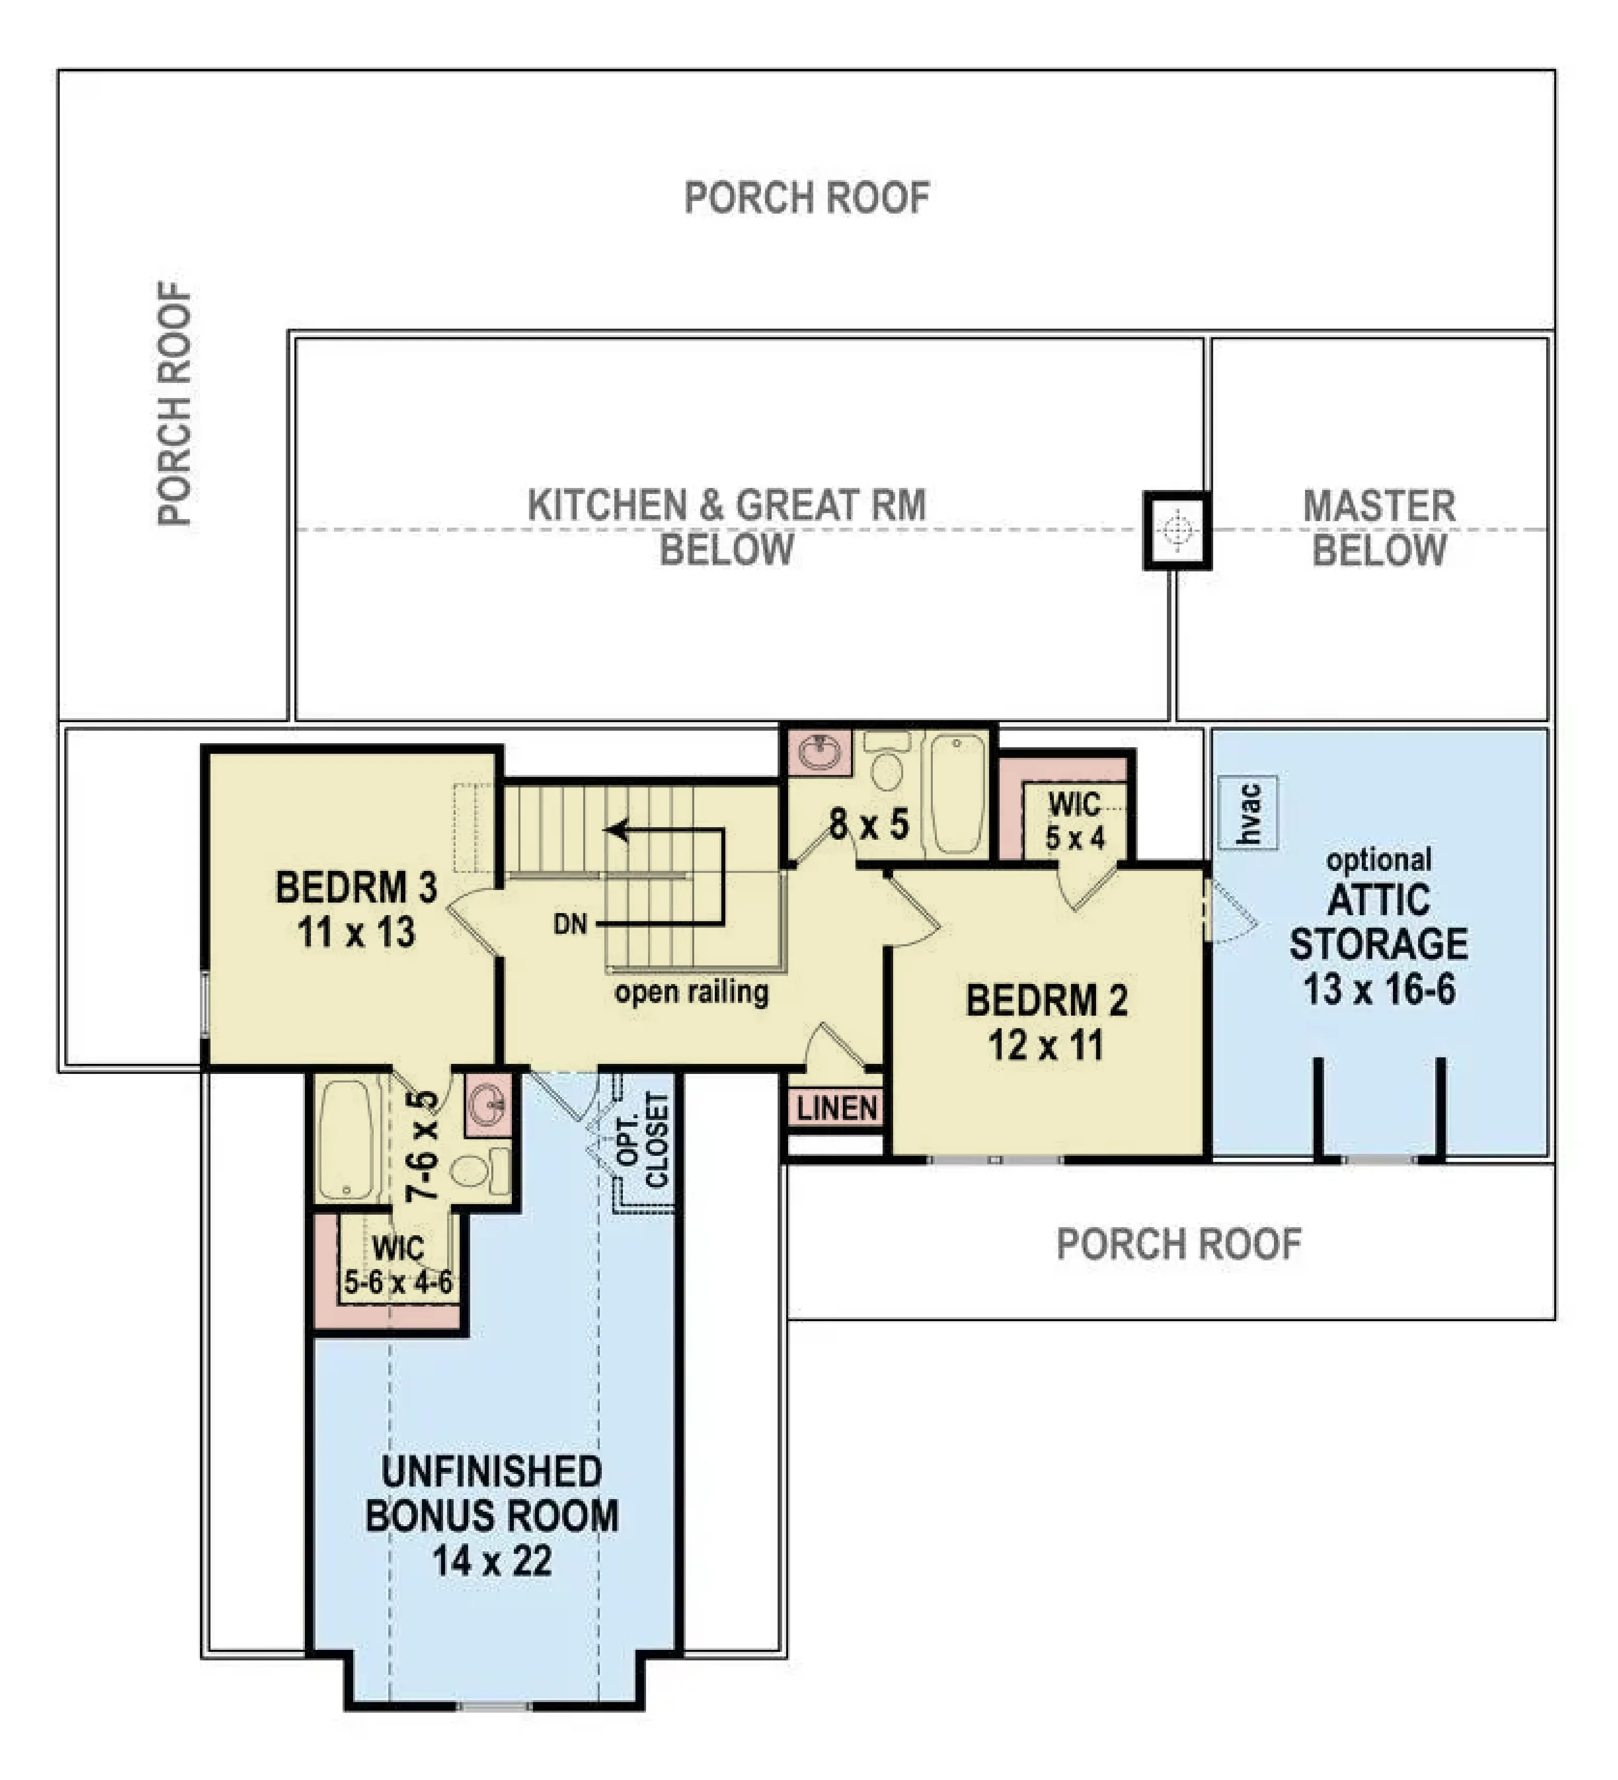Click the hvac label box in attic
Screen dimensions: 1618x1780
[x=1247, y=812]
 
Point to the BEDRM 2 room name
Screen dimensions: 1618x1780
[x=1047, y=1001]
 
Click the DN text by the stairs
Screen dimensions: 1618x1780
[x=570, y=925]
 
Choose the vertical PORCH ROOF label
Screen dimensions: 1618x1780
[x=175, y=405]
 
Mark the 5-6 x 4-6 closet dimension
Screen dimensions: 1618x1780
[x=398, y=1281]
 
